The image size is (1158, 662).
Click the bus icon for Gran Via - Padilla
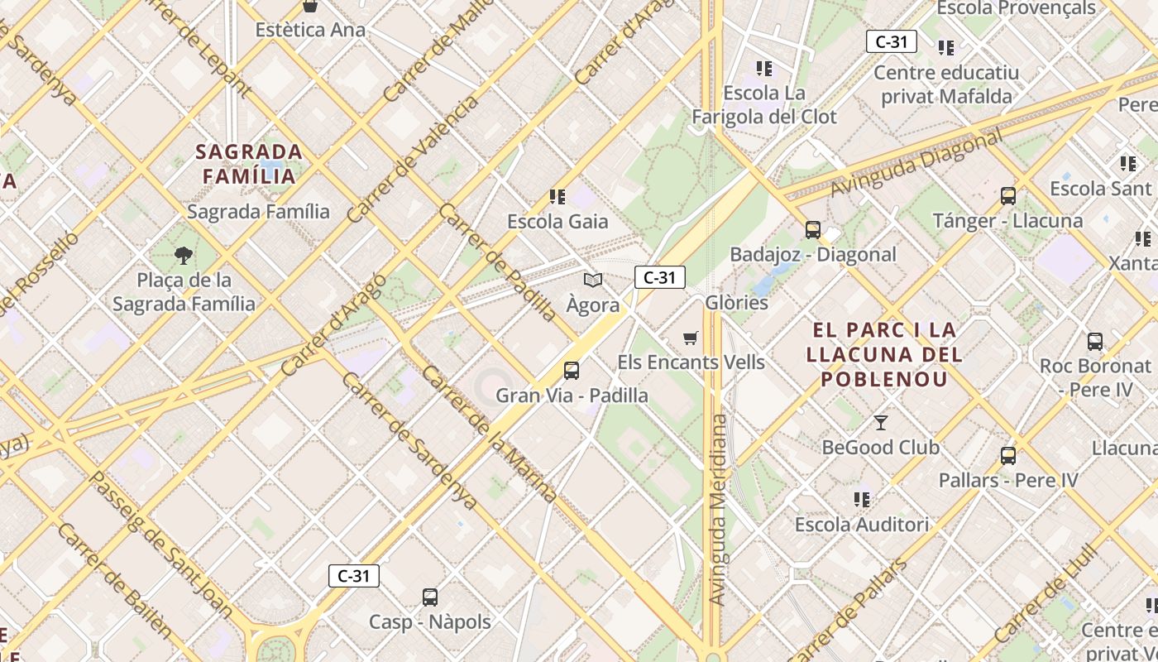571,370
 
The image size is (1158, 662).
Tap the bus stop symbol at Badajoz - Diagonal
812,229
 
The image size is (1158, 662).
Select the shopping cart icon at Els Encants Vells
691,338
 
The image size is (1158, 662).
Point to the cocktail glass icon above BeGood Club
880,423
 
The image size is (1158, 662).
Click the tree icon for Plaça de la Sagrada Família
184,255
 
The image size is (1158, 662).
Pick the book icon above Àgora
592,281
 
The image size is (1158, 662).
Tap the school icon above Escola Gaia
557,197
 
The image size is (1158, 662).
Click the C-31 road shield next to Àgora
659,278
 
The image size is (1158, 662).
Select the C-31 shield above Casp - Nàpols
354,576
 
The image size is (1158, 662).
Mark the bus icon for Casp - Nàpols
429,597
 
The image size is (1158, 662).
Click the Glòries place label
736,303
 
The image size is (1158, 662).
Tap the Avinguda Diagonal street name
916,163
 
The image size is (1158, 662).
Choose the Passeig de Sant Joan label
162,544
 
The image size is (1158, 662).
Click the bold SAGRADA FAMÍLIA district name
249,164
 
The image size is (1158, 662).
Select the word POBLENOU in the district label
884,380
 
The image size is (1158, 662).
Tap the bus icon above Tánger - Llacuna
1007,196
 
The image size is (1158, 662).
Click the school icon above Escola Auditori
862,500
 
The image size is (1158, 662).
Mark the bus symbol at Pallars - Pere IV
1007,455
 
